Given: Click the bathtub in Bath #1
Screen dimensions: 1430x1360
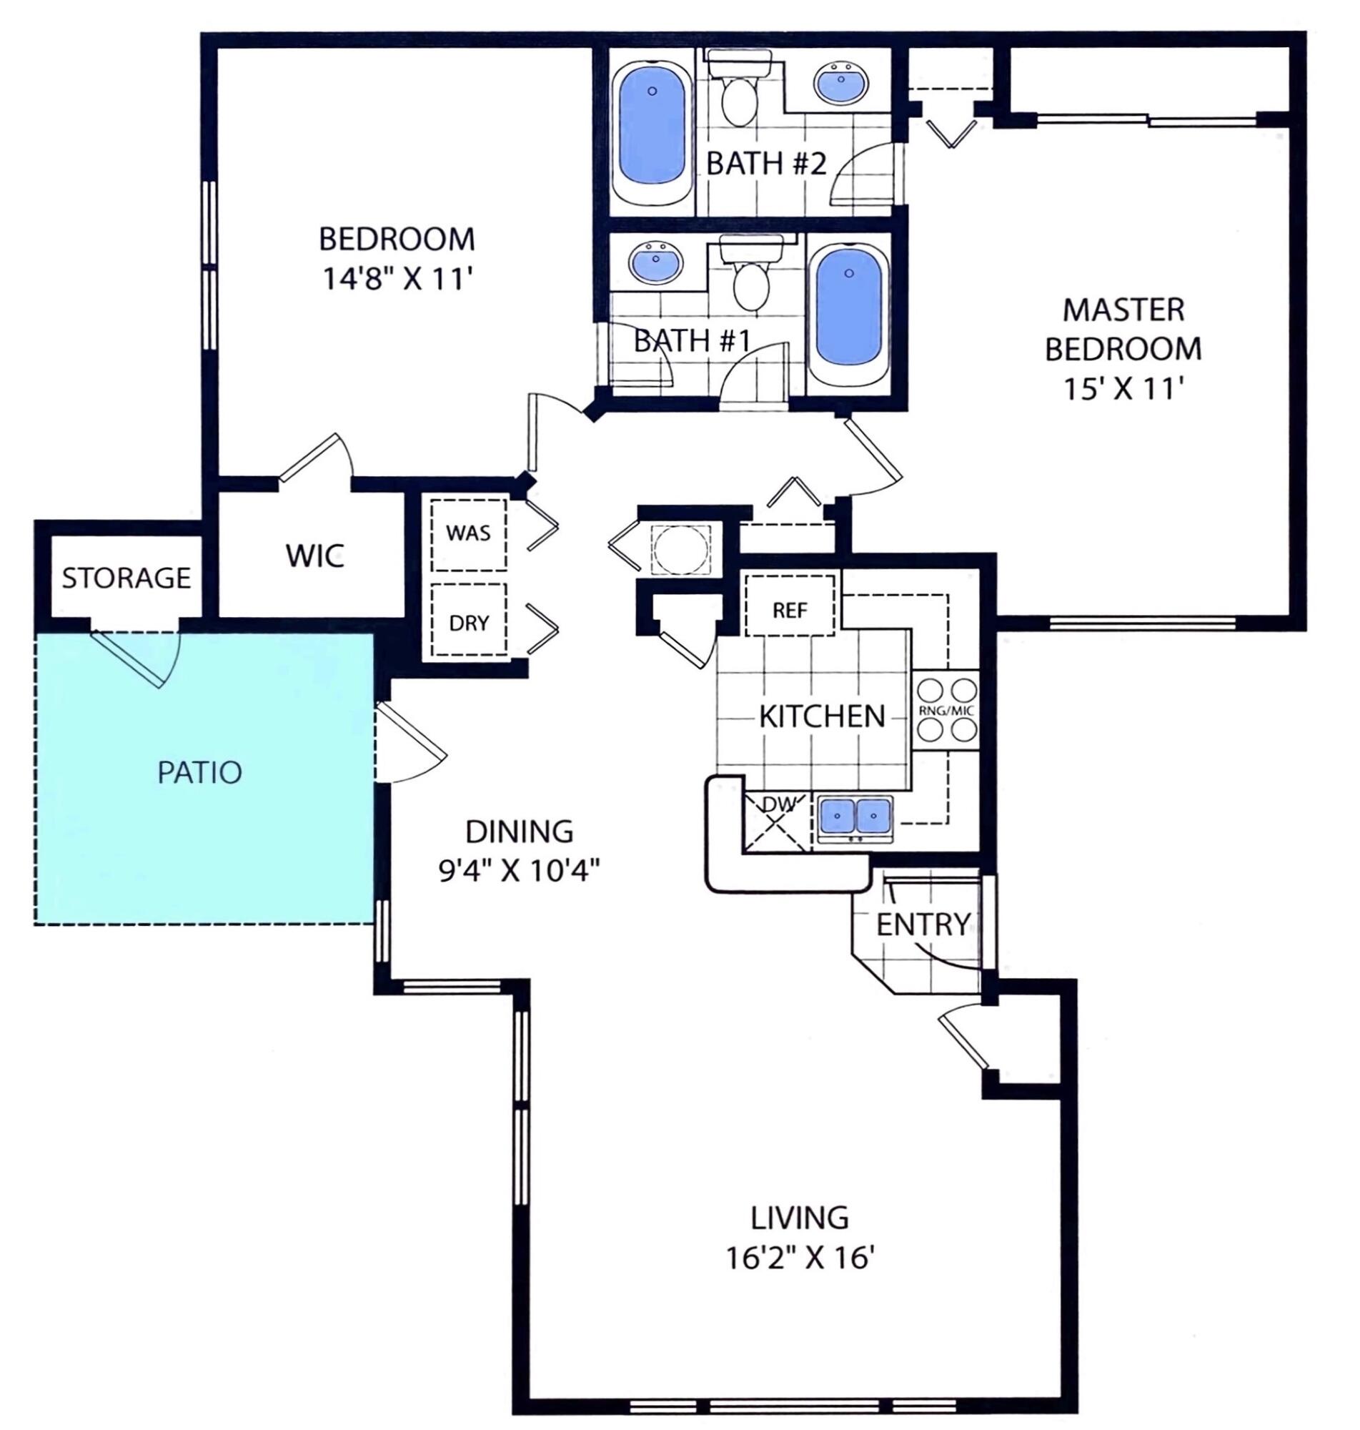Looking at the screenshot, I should point(848,315).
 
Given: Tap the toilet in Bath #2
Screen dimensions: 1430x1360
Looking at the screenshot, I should point(740,94).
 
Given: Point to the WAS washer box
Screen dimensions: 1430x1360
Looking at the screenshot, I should point(468,534).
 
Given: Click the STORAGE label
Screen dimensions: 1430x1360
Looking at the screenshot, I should point(126,578).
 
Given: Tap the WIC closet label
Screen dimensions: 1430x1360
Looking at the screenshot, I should point(314,556).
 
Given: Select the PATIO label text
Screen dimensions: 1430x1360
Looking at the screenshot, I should point(199,772).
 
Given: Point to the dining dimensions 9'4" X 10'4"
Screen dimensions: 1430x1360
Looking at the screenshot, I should point(519,870).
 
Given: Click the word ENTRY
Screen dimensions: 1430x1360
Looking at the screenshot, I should point(922,924).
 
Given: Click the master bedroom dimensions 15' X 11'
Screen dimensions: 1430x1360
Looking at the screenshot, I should point(1123,390).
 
